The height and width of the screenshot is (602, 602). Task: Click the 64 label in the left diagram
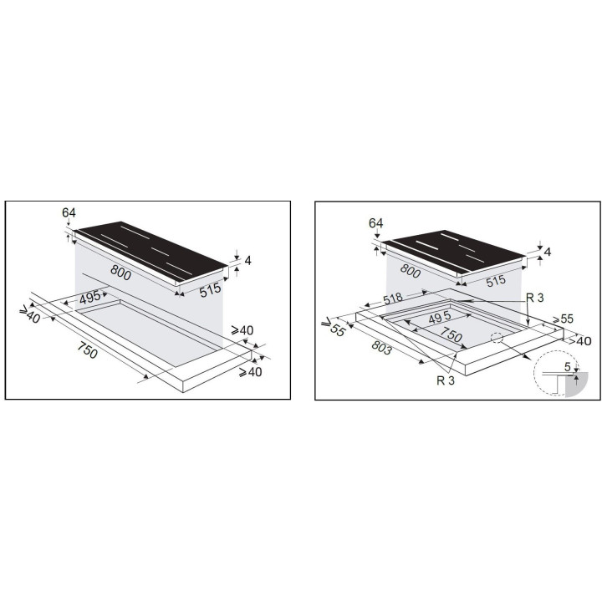coord(69,212)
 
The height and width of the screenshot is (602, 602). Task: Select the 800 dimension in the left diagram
coord(121,273)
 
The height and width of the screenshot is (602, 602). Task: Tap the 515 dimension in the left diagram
coord(211,290)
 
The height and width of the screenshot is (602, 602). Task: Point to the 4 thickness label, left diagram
coord(248,260)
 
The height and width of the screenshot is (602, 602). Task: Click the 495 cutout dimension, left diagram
coord(89,297)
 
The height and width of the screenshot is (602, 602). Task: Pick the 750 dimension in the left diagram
coord(88,350)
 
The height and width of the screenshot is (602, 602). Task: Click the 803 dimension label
coord(381,348)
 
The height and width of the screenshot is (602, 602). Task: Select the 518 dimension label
coord(393,298)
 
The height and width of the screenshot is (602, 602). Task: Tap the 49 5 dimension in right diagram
coord(440,318)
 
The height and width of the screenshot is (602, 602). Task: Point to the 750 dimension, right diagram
coord(451,334)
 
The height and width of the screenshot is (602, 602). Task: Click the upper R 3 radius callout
coord(535,298)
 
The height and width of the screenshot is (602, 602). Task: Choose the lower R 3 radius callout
coord(446,380)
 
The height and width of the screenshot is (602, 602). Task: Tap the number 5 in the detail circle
coord(568,367)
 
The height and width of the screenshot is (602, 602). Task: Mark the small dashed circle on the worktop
coord(497,338)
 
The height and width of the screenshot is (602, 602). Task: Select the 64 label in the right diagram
coord(375,223)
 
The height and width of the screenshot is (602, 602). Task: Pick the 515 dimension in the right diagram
coord(496,282)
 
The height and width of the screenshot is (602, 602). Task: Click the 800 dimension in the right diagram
coord(411,271)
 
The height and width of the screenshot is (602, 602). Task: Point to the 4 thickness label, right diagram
coord(548,252)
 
